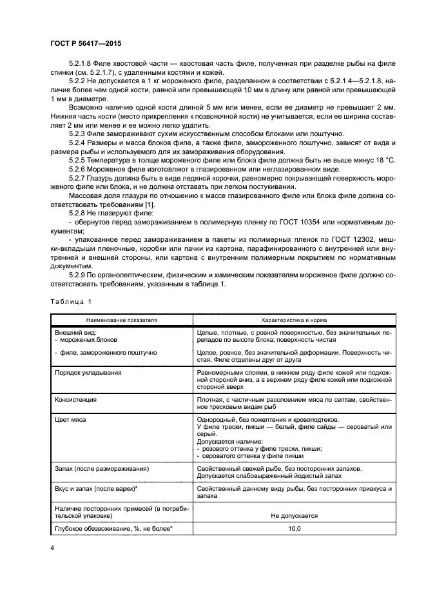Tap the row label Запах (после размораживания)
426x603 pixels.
pyautogui.click(x=102, y=468)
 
